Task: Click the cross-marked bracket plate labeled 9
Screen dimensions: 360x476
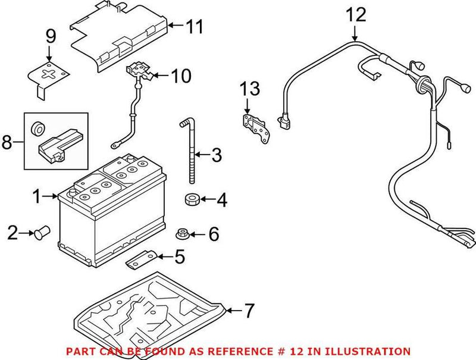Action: click(50, 76)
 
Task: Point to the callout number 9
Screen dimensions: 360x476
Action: click(51, 37)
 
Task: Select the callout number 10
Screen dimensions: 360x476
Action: click(181, 76)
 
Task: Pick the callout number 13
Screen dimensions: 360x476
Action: click(250, 89)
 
